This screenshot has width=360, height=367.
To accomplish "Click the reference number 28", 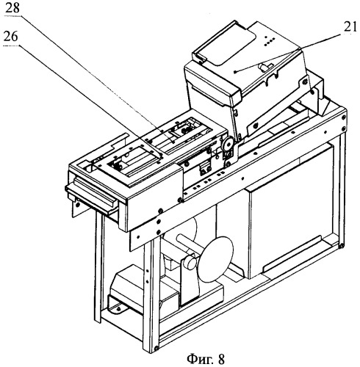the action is tap(12, 9).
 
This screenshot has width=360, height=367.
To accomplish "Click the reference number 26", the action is tap(11, 37).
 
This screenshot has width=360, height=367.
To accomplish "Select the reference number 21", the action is tap(350, 27).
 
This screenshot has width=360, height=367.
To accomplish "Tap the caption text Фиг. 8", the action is tap(206, 359).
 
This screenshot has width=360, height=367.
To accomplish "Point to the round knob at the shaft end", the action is tap(190, 262).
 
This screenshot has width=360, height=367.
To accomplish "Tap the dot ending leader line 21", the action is tap(235, 72).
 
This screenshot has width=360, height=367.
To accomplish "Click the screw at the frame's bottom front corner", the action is tap(156, 348).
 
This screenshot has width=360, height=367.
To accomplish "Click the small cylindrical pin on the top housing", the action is tap(266, 67).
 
